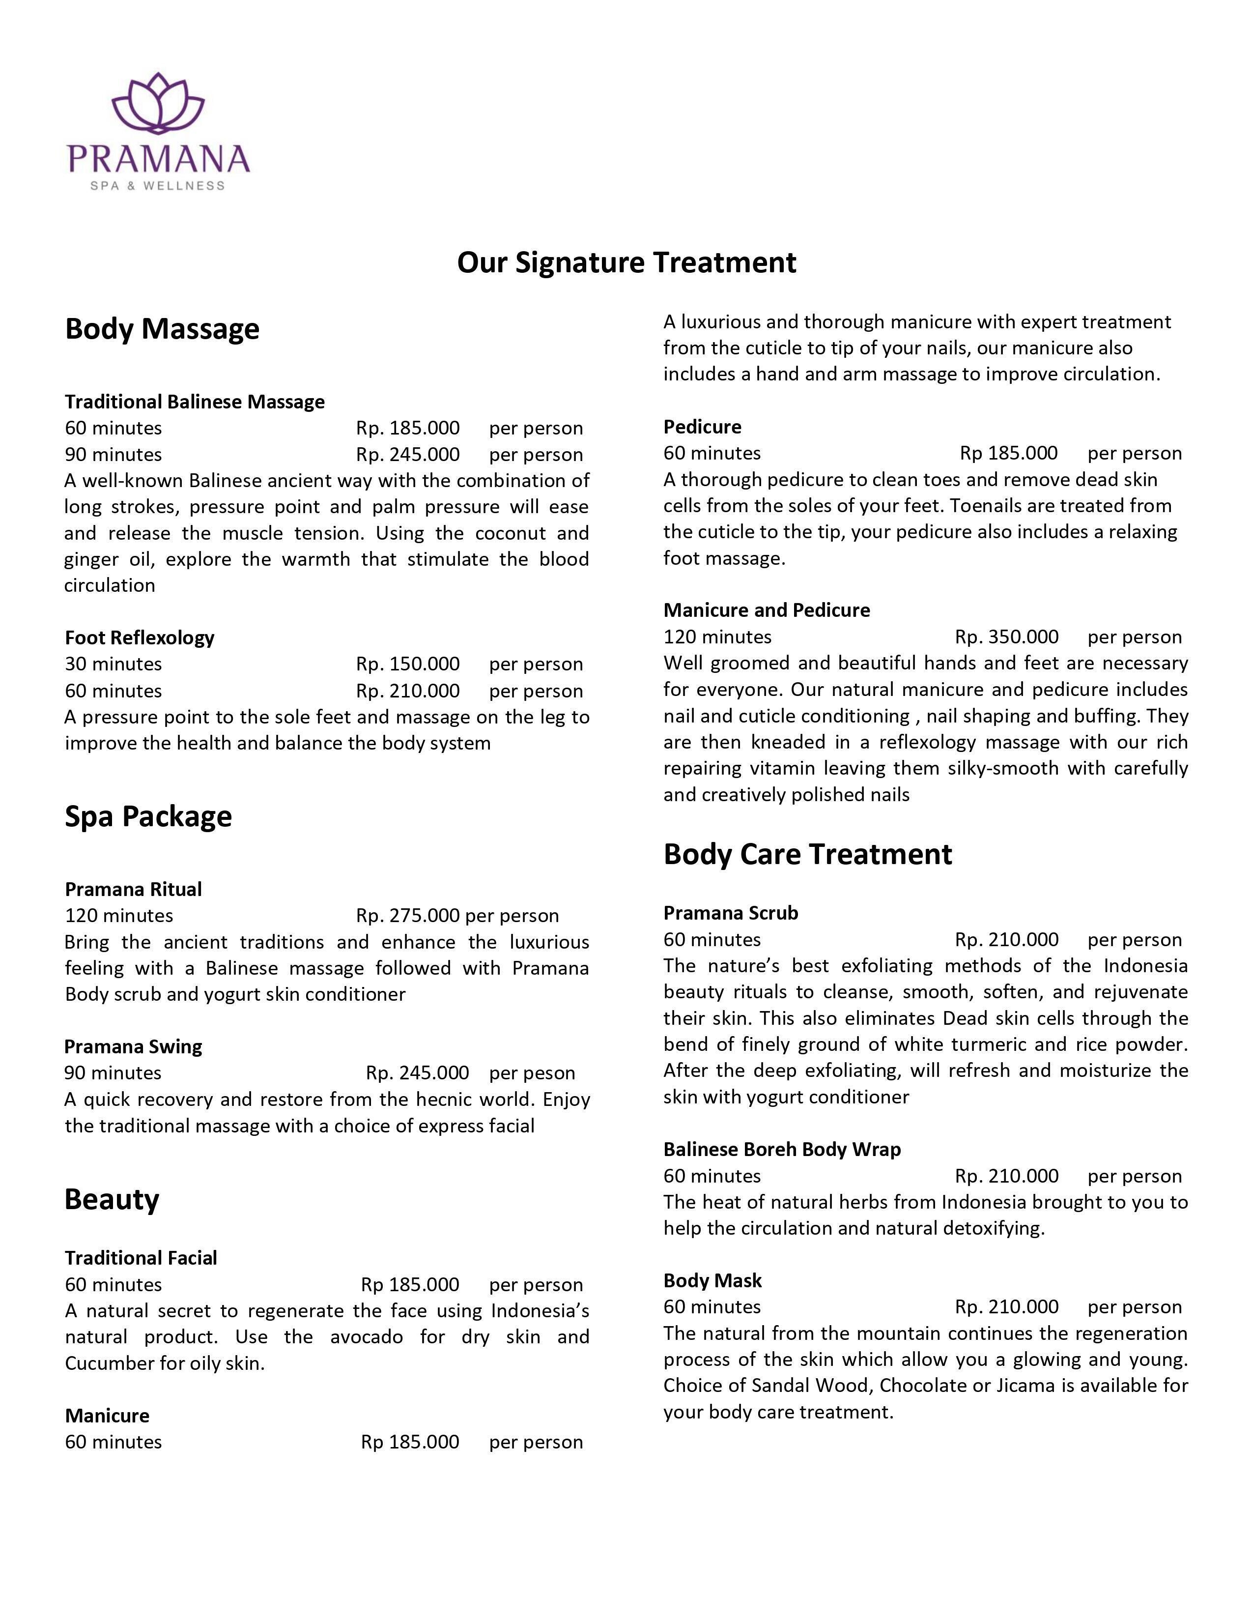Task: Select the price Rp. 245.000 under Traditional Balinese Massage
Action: (407, 455)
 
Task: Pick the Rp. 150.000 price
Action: (407, 664)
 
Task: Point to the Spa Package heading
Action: (148, 816)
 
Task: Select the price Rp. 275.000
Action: (407, 916)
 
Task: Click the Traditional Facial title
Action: (141, 1257)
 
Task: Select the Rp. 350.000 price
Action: (1006, 637)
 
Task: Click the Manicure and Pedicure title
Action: (767, 610)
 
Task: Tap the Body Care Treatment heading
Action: (808, 854)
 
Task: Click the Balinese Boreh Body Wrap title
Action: (782, 1150)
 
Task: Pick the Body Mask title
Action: (712, 1280)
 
